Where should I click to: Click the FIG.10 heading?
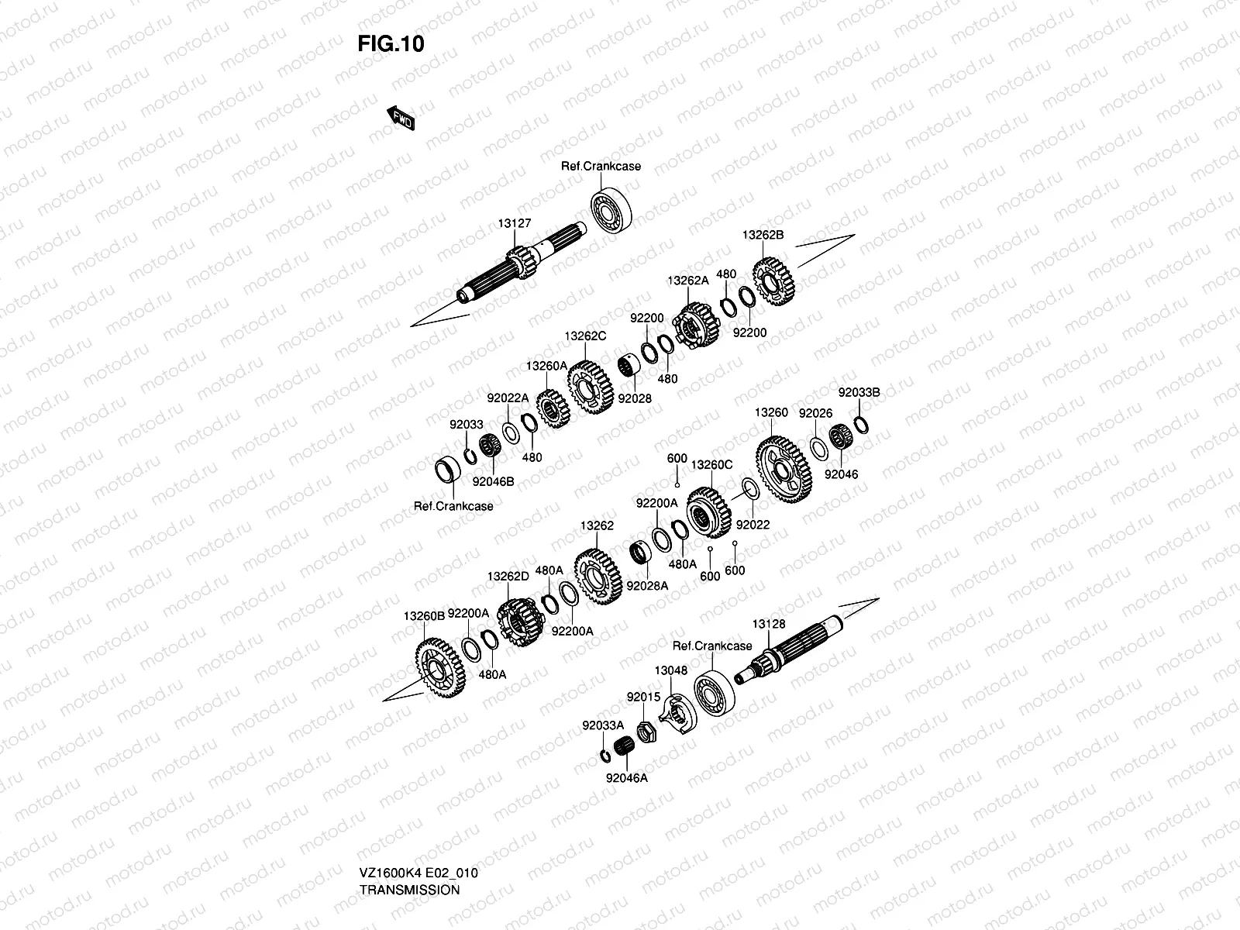(x=391, y=43)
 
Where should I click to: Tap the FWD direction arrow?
(x=401, y=118)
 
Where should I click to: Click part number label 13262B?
(x=763, y=234)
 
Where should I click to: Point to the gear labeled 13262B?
(x=773, y=281)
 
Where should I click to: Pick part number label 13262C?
(x=585, y=336)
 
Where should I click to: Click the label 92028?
(x=635, y=398)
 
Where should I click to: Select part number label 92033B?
(x=859, y=393)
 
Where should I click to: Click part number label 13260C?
(x=711, y=465)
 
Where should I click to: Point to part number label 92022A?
(x=508, y=398)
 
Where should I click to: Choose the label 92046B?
(x=494, y=480)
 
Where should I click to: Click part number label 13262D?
(x=508, y=577)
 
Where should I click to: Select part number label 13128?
(x=768, y=624)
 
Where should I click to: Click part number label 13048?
(x=670, y=670)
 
